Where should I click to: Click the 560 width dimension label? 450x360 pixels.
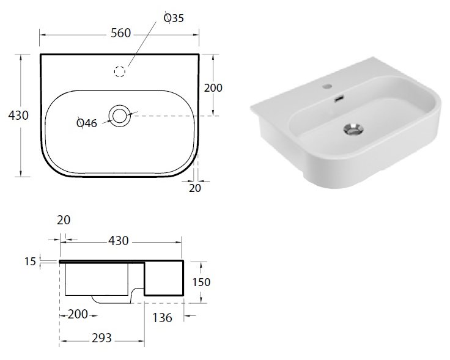point(121,33)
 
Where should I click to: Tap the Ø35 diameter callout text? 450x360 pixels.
point(174,18)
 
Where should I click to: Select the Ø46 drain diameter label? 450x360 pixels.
point(87,123)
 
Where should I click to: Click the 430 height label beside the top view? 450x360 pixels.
point(18,116)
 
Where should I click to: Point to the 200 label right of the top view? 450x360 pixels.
point(213,88)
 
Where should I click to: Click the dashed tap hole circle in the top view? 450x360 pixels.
point(120,71)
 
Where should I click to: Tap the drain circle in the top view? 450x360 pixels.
point(120,116)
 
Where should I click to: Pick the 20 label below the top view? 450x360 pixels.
point(195,188)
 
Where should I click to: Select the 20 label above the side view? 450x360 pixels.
point(64,220)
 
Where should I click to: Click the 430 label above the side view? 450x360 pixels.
point(119,241)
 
